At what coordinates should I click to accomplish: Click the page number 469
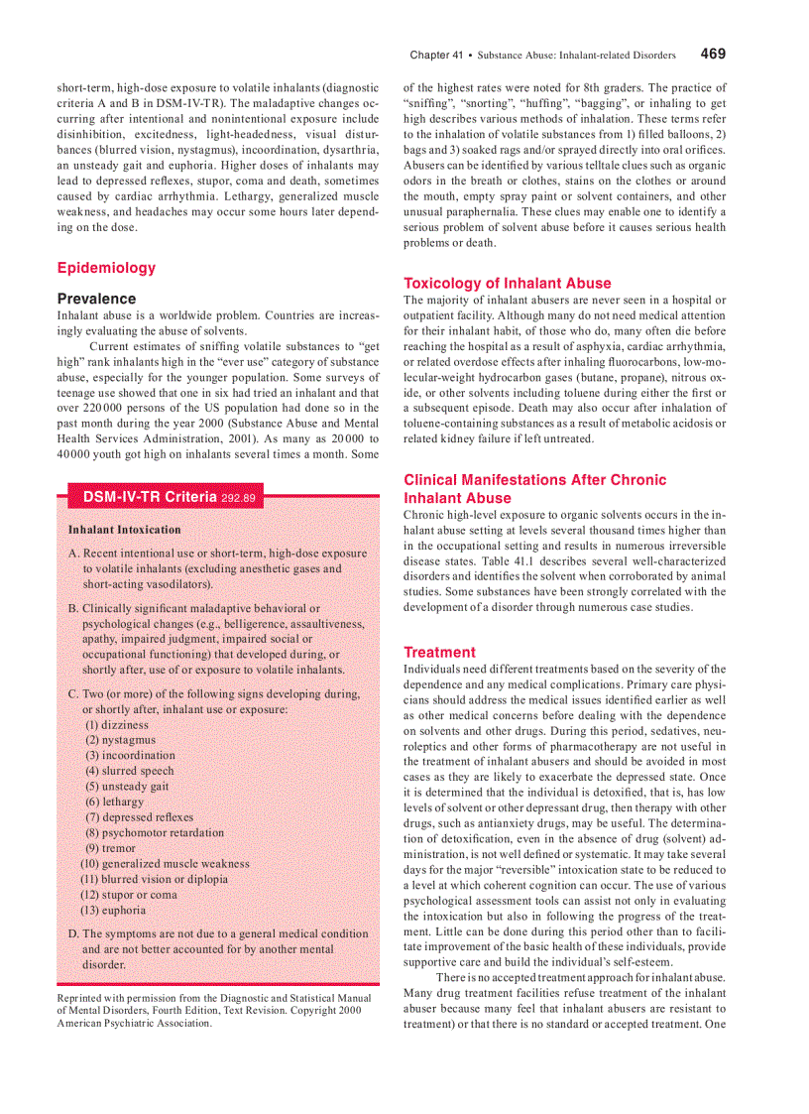(x=712, y=55)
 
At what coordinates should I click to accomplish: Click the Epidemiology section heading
(x=106, y=268)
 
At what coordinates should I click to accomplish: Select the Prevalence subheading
(x=96, y=299)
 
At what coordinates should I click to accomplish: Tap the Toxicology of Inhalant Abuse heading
(x=507, y=283)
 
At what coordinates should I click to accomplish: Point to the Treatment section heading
(x=439, y=652)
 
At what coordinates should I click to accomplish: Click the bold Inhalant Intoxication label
(x=124, y=530)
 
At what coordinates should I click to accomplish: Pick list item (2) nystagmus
(x=120, y=740)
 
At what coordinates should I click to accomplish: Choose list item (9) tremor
(x=111, y=848)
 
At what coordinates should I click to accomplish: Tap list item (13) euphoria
(x=113, y=910)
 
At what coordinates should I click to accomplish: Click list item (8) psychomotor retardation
(x=154, y=833)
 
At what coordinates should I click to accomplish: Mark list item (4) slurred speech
(x=129, y=771)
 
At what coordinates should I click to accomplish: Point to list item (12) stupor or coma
(x=129, y=894)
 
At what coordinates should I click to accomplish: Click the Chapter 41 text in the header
(x=436, y=56)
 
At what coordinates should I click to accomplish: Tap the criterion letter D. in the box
(x=73, y=933)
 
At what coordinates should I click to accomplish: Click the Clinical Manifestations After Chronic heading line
(x=534, y=480)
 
